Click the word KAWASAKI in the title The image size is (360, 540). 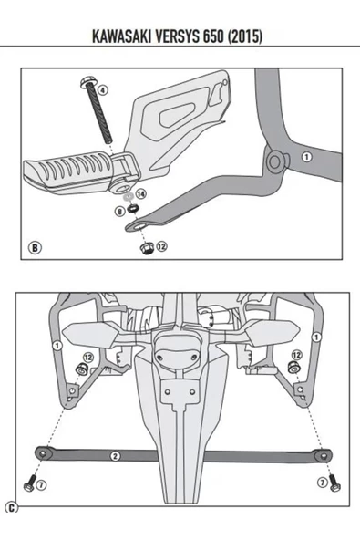tap(128, 37)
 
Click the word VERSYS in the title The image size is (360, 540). tap(200, 37)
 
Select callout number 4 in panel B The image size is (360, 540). tap(102, 90)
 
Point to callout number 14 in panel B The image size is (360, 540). tap(140, 195)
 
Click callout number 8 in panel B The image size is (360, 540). tap(119, 212)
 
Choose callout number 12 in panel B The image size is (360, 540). tap(161, 246)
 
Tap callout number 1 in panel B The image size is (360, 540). tap(306, 156)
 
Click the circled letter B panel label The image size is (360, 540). tap(36, 247)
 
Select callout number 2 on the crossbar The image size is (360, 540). tap(115, 453)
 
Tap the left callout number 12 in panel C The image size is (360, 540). tap(88, 356)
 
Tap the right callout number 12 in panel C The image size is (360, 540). tap(296, 354)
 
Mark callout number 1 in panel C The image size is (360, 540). tap(57, 345)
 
